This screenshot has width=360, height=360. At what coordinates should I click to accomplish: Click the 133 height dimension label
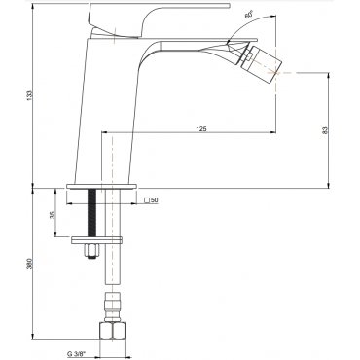tap(30, 95)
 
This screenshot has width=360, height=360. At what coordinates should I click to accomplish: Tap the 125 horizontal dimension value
tap(201, 129)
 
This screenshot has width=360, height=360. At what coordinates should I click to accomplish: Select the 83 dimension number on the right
tap(326, 130)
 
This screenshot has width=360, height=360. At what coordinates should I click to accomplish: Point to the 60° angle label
tap(249, 15)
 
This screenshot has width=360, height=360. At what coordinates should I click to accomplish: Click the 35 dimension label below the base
tap(53, 215)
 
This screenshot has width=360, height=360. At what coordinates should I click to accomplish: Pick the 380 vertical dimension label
tap(30, 263)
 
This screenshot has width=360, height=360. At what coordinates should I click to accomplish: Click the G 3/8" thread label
tap(76, 353)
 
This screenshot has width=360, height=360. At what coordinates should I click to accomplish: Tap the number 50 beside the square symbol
tap(155, 200)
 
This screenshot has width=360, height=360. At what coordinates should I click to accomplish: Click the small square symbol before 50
tap(147, 200)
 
